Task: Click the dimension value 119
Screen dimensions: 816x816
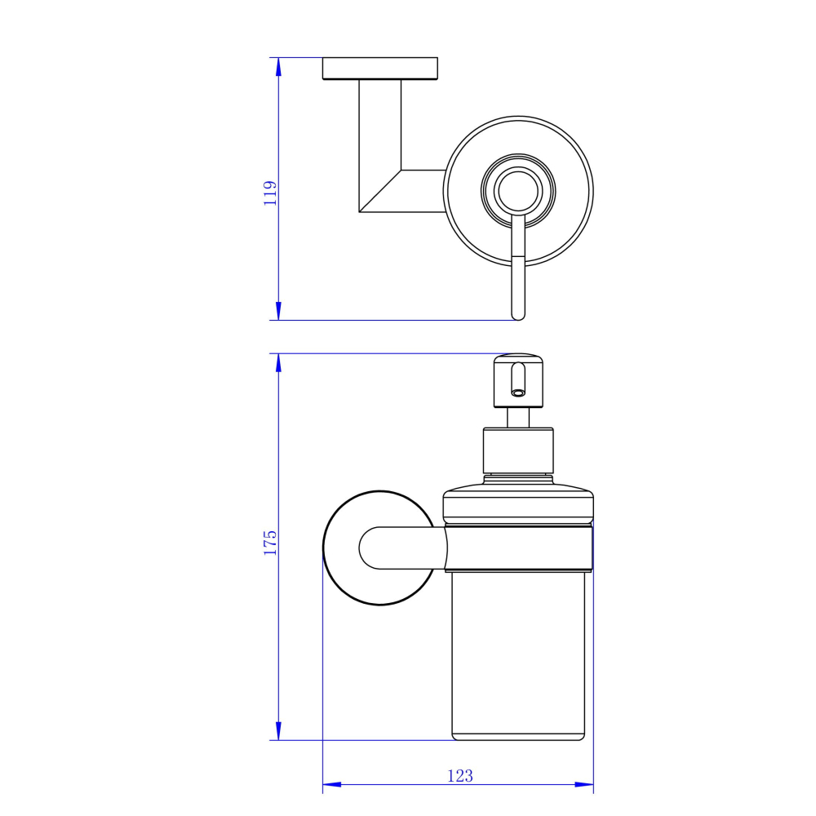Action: (270, 193)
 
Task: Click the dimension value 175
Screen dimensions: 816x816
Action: (270, 543)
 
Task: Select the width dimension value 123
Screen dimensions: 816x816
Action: (460, 776)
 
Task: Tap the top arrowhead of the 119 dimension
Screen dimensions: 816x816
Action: (278, 67)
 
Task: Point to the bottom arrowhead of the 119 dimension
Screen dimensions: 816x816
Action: (278, 311)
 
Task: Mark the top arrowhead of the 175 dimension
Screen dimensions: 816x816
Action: (278, 363)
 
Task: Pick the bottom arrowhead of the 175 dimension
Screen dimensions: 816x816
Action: (278, 730)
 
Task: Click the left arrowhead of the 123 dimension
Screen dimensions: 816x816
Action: (332, 784)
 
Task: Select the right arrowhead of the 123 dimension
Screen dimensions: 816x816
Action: (584, 784)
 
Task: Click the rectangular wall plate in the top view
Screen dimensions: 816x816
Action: (380, 69)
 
